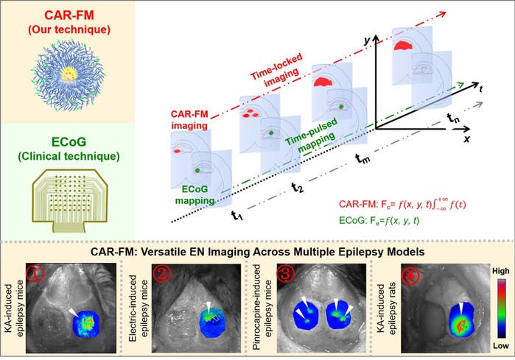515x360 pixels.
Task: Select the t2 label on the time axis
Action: (x=296, y=187)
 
